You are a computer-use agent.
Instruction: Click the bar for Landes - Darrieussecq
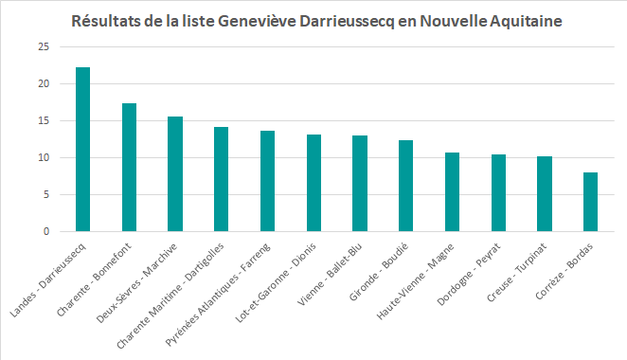(x=83, y=150)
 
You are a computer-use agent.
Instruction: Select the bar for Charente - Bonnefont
(x=130, y=168)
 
